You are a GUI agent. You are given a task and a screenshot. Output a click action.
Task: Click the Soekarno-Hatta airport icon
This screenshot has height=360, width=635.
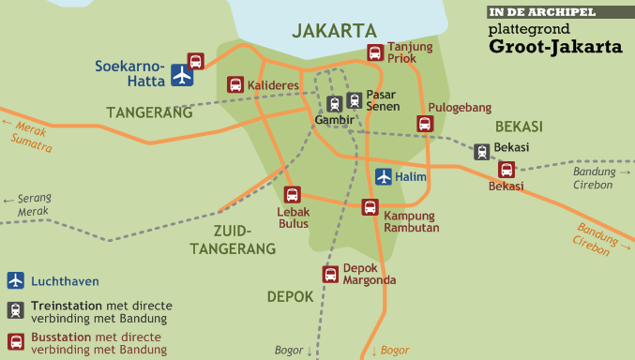(x=183, y=75)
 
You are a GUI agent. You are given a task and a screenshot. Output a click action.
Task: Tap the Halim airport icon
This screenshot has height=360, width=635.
(x=384, y=176)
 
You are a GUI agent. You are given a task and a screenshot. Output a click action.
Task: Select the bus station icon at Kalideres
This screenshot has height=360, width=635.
(x=235, y=84)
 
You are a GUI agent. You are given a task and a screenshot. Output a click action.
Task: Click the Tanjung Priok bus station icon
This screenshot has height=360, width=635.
(x=375, y=53)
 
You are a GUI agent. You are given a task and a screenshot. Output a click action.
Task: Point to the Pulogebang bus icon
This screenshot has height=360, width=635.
(x=425, y=124)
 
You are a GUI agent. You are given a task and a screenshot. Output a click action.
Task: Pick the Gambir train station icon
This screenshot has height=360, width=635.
(x=335, y=104)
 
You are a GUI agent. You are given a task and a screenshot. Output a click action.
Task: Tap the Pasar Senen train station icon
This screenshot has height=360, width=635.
(x=354, y=100)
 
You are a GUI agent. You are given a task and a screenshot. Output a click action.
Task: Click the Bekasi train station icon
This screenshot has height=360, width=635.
(x=482, y=152)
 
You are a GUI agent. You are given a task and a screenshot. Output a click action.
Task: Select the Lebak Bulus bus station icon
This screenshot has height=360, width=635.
(x=293, y=195)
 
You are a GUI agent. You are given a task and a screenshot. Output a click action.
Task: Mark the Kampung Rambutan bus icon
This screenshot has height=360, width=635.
(x=370, y=207)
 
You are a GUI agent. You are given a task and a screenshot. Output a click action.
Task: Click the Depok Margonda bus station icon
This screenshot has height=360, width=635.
(x=330, y=274)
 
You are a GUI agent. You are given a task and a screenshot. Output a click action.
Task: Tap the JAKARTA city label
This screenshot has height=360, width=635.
(x=334, y=31)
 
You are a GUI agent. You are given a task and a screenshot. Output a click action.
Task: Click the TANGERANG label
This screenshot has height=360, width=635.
(x=149, y=112)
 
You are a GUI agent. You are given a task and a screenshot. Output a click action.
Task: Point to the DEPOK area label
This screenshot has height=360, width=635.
(x=290, y=296)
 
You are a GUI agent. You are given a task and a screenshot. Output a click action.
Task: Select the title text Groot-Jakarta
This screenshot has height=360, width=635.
(x=555, y=46)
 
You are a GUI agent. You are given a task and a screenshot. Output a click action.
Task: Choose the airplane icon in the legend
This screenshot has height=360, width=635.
(x=15, y=280)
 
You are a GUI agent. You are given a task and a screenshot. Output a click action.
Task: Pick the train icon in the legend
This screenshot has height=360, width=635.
(x=15, y=309)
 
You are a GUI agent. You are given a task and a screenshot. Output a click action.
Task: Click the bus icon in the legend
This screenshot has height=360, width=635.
(x=15, y=341)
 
